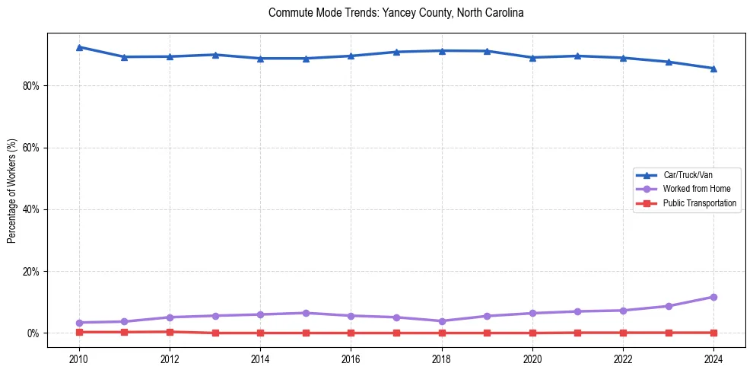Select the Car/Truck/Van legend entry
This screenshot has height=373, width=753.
(688, 175)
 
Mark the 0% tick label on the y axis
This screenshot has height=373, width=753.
(33, 333)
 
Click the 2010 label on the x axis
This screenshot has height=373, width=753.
(79, 359)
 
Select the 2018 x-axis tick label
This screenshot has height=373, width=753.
(442, 359)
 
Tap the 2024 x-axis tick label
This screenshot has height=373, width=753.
(713, 359)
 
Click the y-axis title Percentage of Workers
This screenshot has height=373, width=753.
(11, 190)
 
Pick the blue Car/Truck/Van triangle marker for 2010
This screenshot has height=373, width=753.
(79, 47)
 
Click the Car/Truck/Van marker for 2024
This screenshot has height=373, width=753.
(713, 69)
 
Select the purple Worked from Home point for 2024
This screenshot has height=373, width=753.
(713, 297)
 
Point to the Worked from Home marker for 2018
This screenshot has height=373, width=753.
(442, 321)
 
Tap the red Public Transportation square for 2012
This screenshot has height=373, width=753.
(170, 332)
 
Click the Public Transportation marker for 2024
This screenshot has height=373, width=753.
(713, 333)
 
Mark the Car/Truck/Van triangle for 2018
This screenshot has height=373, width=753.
(442, 51)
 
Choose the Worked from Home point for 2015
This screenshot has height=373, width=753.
(306, 313)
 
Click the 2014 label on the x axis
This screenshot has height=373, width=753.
(260, 359)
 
